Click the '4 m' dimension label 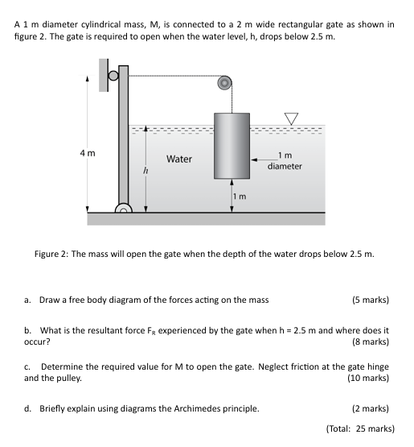(88, 153)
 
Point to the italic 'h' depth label (146, 171)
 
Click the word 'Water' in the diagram (178, 159)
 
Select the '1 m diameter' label (285, 161)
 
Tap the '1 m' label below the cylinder (239, 197)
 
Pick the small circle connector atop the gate (114, 77)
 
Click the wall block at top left (104, 76)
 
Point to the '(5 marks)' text (370, 300)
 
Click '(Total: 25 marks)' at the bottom (359, 428)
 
